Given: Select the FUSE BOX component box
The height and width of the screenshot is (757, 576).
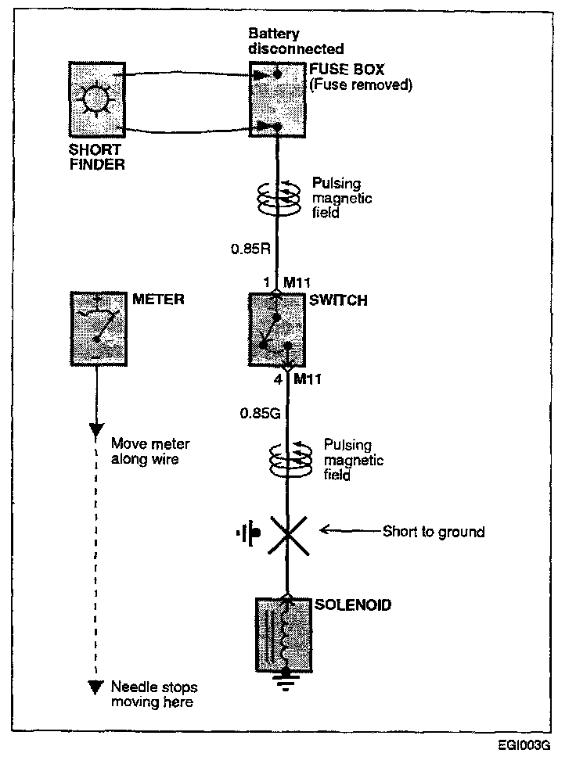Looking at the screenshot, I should (x=273, y=99).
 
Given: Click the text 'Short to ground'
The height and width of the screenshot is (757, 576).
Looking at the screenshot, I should (x=434, y=533).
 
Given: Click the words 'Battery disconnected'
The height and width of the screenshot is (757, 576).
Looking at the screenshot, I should (x=285, y=41).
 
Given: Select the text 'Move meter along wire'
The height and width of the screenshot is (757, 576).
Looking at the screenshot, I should (x=145, y=451).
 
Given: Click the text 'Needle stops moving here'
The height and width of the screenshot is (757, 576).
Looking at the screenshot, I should (x=153, y=694).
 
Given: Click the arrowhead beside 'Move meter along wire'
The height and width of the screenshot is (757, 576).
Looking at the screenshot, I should (x=96, y=431).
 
